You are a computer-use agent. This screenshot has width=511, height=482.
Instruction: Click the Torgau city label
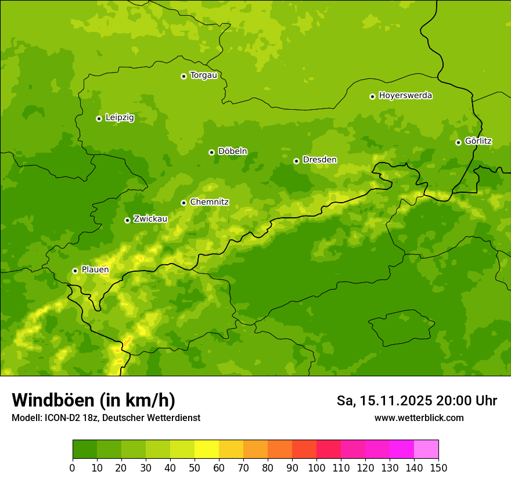tap(203, 75)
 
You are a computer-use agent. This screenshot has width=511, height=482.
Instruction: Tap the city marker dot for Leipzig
tap(99, 118)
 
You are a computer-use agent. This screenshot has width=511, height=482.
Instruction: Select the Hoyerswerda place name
tap(405, 96)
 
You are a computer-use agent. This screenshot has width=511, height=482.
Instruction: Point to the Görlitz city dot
tap(458, 142)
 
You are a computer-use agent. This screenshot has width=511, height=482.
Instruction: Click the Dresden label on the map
tap(319, 160)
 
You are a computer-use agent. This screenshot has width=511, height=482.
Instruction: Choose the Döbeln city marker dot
tap(211, 152)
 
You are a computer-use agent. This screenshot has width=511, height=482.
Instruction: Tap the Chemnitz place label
tap(209, 202)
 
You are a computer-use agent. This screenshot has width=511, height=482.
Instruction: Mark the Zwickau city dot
tap(127, 220)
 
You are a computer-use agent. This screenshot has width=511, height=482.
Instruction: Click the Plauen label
tap(95, 270)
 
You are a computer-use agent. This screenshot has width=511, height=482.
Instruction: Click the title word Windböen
tap(53, 401)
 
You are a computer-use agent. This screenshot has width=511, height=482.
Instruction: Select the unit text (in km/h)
tap(137, 401)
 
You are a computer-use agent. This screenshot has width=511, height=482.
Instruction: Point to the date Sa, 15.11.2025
tap(383, 401)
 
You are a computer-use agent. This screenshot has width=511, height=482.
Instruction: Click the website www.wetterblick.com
tap(419, 418)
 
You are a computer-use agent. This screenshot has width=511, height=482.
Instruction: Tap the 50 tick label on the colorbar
tap(195, 467)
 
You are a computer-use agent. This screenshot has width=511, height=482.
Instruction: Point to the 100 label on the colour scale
tap(316, 467)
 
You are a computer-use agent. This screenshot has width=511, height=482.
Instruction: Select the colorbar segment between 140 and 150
tap(426, 449)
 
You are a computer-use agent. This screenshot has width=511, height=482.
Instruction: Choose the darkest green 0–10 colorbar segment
tap(85, 449)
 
